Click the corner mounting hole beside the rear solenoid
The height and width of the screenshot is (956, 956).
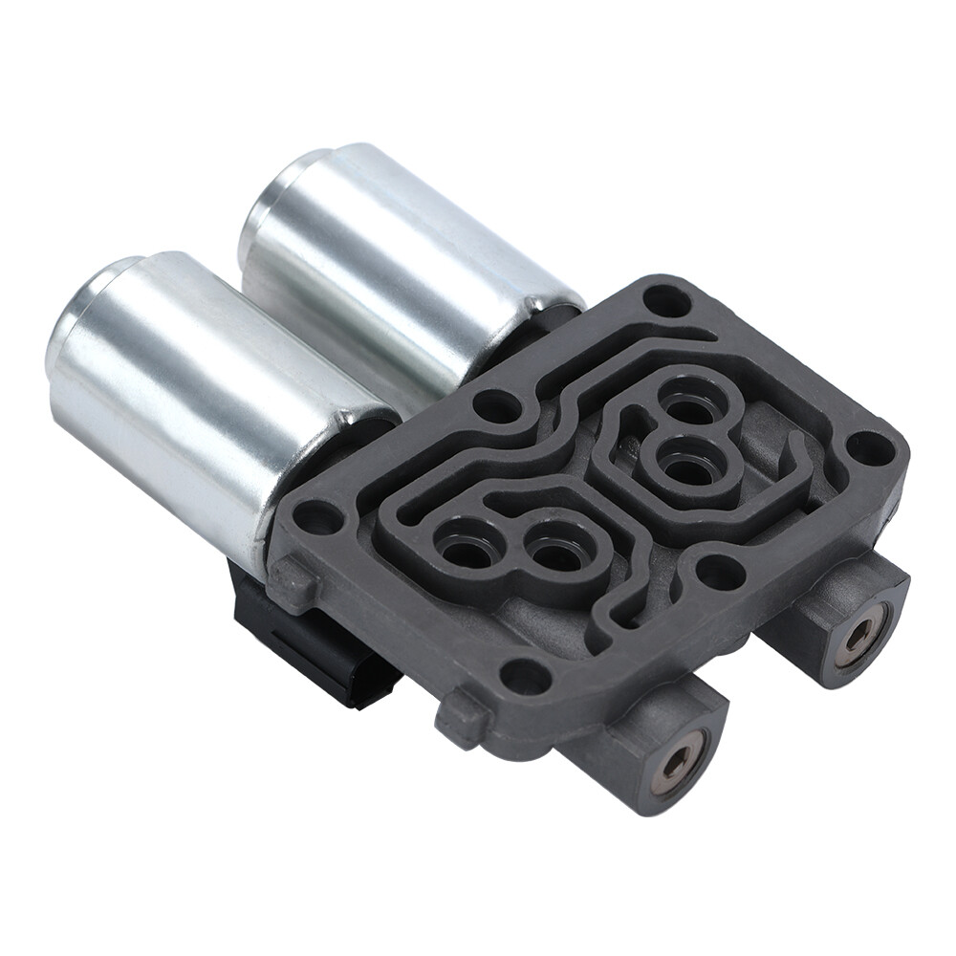(665, 302)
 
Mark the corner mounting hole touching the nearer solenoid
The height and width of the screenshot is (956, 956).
(319, 518)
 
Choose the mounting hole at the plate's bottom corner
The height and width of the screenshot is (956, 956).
(525, 676)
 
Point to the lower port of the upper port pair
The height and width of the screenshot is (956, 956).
(683, 466)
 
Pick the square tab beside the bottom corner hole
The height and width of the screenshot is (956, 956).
(462, 714)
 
